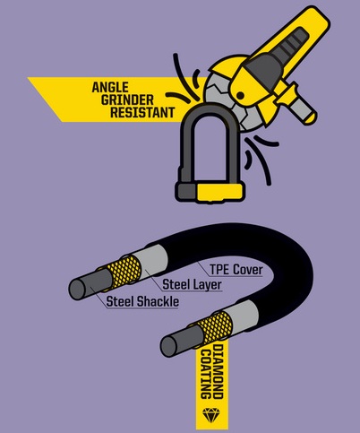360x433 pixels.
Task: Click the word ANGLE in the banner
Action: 110,87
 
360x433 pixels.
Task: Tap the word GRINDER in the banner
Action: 127,100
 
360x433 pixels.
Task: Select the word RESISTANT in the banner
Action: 142,113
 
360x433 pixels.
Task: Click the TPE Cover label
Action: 236,270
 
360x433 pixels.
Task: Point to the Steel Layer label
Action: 192,284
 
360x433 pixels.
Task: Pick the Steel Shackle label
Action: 142,301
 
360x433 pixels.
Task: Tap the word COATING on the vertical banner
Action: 206,374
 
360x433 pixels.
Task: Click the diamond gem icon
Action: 211,415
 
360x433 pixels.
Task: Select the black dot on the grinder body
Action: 240,96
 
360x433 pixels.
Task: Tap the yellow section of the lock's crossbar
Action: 219,193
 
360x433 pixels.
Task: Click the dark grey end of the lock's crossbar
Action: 186,192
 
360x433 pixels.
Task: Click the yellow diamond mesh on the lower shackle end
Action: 216,326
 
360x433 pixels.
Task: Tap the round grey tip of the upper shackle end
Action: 77,289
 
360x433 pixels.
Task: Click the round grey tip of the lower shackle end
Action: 168,346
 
